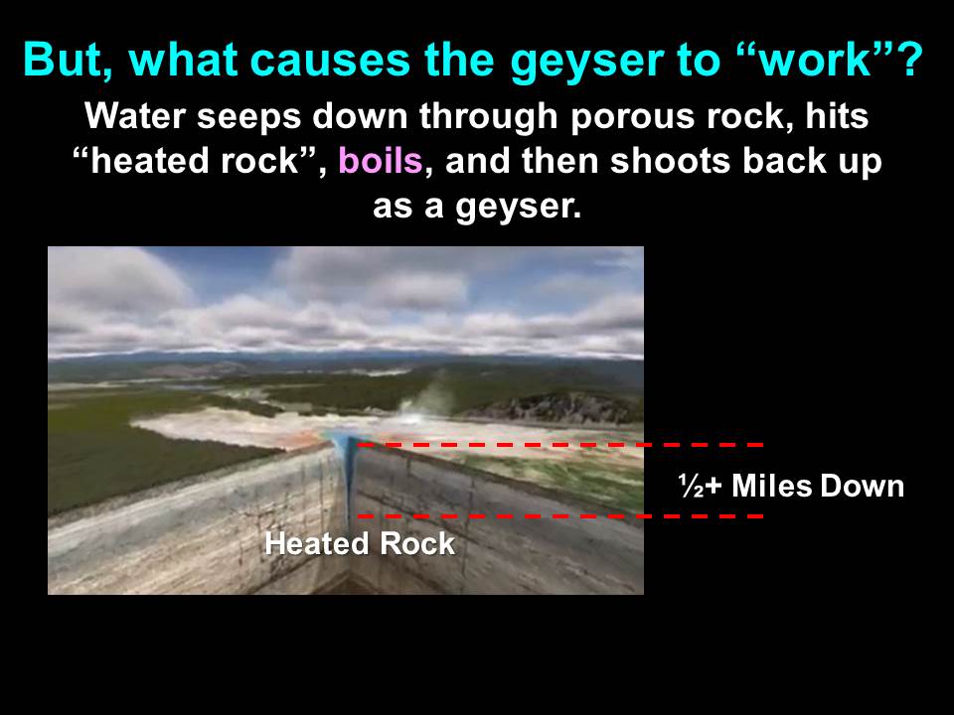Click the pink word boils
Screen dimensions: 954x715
tap(381, 161)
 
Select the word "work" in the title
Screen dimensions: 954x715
tap(822, 60)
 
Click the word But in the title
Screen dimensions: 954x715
tap(69, 61)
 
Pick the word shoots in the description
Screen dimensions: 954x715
tap(667, 161)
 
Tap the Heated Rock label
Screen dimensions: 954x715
tap(360, 543)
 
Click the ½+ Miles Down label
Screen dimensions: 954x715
tap(791, 486)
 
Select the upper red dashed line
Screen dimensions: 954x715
tap(560, 445)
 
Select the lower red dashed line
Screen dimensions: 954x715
tap(560, 516)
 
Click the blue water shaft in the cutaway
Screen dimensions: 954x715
tap(348, 475)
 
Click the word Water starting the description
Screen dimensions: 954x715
tap(135, 115)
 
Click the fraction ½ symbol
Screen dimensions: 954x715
tap(692, 486)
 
